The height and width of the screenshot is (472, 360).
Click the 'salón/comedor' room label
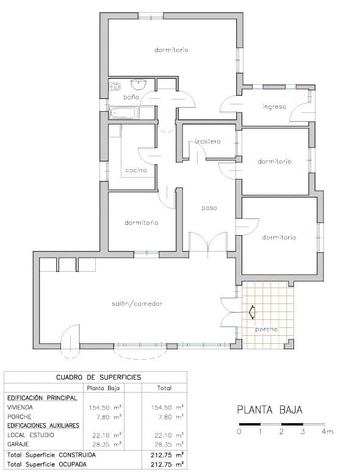[x=137, y=303]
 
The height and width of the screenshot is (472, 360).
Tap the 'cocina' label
[x=136, y=170]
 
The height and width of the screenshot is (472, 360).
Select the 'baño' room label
[x=131, y=97]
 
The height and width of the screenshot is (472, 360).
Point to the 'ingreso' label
[x=274, y=107]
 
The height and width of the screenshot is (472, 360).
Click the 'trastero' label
[x=207, y=142]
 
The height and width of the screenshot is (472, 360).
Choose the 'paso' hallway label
[x=209, y=208]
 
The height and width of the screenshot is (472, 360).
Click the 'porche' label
[x=266, y=329]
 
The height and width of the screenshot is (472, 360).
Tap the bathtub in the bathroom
[x=124, y=113]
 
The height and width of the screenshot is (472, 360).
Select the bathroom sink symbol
[x=142, y=84]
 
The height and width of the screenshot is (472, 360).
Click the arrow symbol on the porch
[x=251, y=313]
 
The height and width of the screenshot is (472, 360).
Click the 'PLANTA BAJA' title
[x=269, y=410]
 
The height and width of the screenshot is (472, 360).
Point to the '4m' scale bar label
[x=328, y=432]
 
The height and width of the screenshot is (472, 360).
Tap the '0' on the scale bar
[x=239, y=432]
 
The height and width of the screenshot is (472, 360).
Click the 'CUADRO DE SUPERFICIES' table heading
[x=98, y=377]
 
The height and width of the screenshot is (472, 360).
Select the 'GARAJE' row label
[x=18, y=444]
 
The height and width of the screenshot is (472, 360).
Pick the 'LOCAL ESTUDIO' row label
[x=30, y=435]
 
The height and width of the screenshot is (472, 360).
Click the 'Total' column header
[x=164, y=388]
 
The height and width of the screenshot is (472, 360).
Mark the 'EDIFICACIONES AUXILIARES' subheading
[x=43, y=425]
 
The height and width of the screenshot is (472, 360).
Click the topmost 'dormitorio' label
[x=171, y=49]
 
